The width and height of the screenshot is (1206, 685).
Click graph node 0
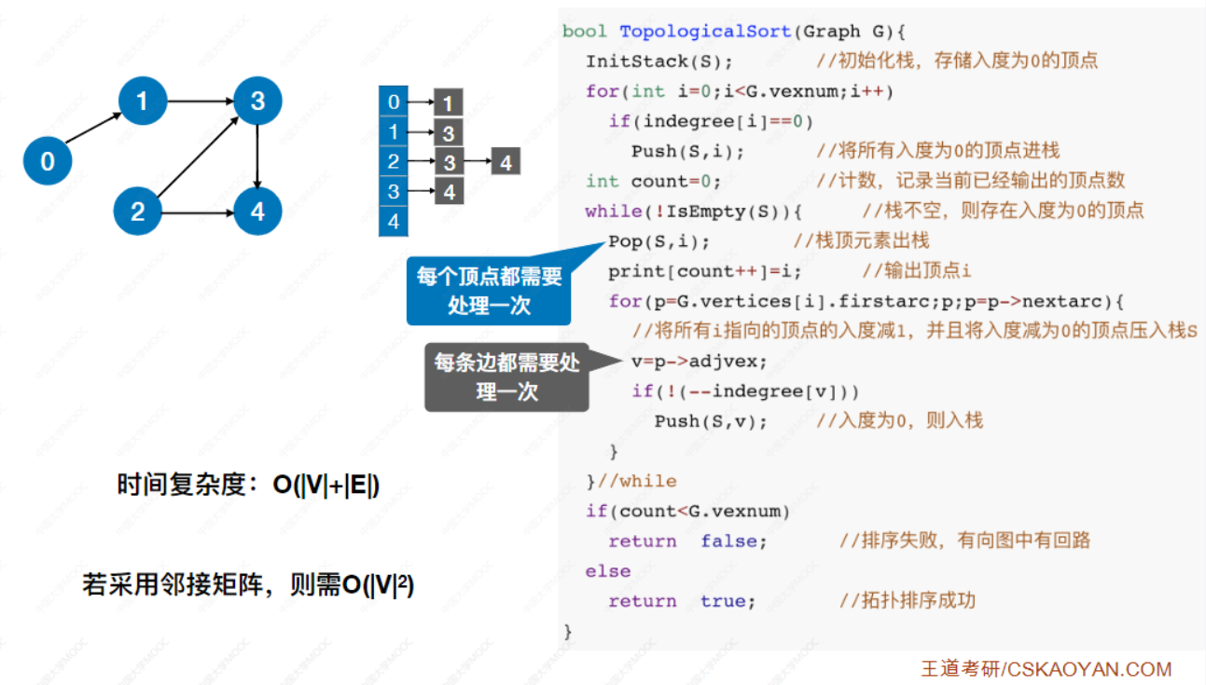(47, 161)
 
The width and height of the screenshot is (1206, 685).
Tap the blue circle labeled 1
(142, 101)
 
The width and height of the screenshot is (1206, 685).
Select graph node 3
(257, 101)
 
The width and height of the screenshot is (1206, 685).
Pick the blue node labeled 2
(138, 212)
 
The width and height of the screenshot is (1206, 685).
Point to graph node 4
(257, 212)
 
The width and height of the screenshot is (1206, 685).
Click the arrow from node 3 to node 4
(257, 156)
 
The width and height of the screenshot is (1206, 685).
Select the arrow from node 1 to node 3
(200, 101)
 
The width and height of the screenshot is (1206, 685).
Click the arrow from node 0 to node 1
(94, 130)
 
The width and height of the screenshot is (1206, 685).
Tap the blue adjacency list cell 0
(393, 102)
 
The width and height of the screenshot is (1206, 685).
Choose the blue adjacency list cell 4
(393, 222)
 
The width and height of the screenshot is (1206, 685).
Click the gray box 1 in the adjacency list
(449, 103)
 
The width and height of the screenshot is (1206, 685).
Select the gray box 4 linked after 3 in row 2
(506, 162)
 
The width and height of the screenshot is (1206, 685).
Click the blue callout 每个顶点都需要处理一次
(489, 292)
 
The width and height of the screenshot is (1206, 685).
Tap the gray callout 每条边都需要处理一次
(506, 377)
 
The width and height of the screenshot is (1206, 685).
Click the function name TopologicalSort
(705, 32)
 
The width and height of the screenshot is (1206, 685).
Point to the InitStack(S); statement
(658, 62)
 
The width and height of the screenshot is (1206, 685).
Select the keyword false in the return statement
(733, 541)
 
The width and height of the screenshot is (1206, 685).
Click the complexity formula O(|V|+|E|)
(326, 485)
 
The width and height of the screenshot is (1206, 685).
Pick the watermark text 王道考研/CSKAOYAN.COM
(1046, 668)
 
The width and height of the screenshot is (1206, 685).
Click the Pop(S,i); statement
(658, 241)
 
